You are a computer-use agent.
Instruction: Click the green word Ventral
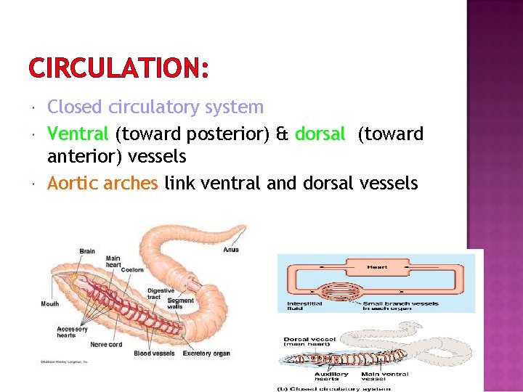78,133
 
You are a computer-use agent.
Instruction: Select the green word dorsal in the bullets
320,133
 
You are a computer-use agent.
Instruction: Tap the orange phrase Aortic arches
102,183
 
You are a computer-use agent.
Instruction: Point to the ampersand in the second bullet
283,134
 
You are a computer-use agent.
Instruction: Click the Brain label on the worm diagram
87,251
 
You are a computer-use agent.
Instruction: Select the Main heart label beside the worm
113,261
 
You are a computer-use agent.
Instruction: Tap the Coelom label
132,270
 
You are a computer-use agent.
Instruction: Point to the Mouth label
50,304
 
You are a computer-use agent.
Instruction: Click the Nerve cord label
105,344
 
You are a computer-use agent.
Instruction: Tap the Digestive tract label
161,294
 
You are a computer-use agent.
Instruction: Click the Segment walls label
180,304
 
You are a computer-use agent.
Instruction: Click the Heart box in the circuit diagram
377,267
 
